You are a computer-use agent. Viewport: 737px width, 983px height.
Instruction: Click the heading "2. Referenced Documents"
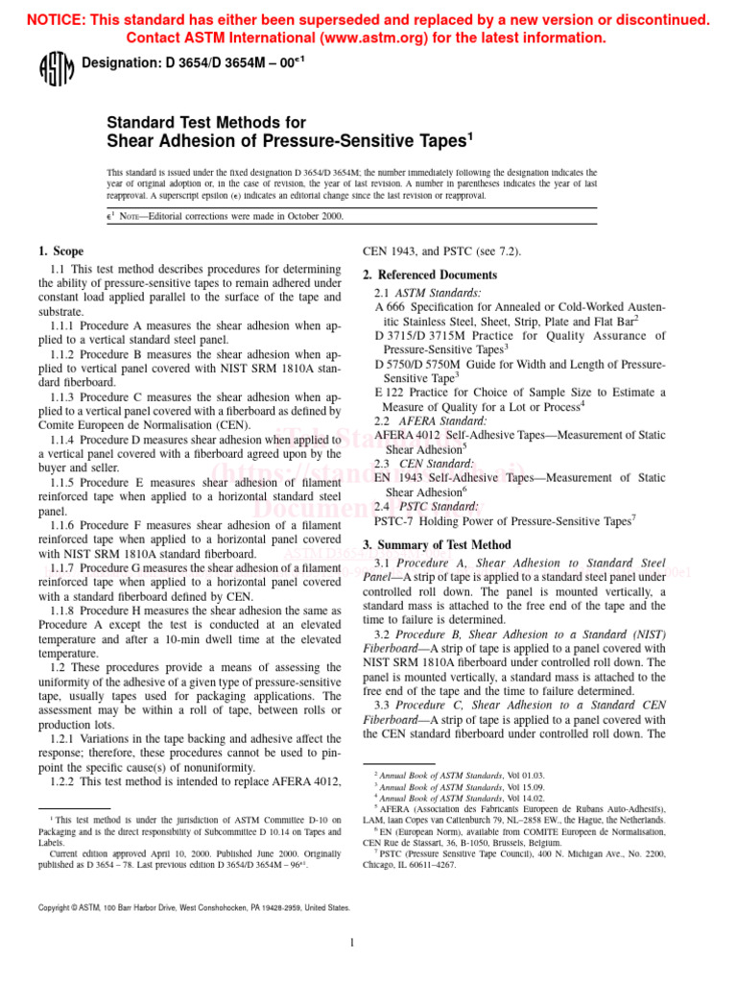click(430, 275)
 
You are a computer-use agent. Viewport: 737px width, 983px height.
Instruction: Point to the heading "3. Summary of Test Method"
click(437, 544)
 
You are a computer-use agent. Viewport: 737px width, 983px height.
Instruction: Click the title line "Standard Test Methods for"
click(206, 123)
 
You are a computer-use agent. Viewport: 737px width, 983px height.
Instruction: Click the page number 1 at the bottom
click(353, 943)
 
